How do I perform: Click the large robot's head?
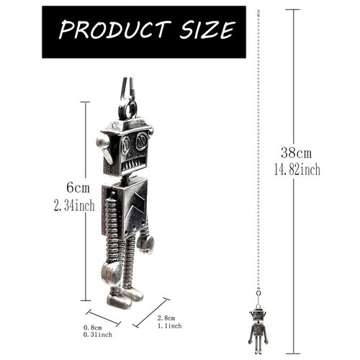(x=127, y=148)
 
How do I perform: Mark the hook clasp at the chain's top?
(x=258, y=13)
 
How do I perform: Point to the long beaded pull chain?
(x=258, y=158)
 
